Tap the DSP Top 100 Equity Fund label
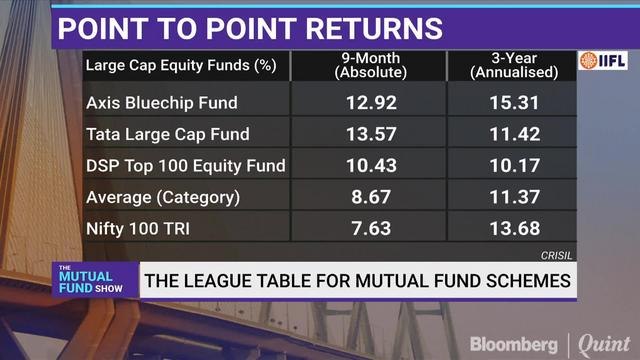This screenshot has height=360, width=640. (186, 166)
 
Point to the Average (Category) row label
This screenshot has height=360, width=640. (163, 198)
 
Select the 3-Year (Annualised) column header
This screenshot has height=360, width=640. (510, 67)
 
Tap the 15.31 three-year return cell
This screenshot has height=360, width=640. (510, 102)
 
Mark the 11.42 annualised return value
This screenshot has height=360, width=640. (510, 134)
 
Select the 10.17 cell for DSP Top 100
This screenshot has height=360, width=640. (510, 166)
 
